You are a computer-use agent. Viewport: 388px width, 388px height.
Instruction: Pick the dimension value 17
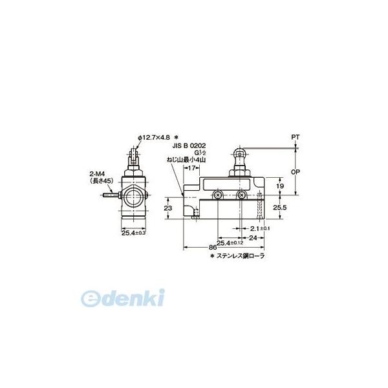pos(192,167)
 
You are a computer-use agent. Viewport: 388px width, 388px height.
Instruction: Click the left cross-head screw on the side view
pos(219,195)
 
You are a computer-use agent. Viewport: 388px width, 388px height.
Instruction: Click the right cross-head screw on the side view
pos(241,195)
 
